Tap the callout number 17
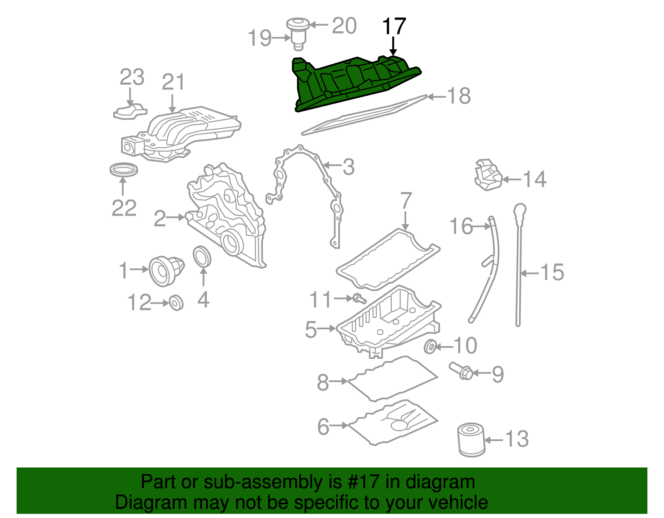point(393,27)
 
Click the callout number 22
point(124,208)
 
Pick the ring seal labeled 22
point(124,170)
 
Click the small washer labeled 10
point(430,346)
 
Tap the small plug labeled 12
point(176,303)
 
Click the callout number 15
point(552,272)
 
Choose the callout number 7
point(405,201)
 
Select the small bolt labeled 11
point(359,298)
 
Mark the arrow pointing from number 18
point(436,97)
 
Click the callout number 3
point(348,167)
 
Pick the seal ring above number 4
point(203,257)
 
